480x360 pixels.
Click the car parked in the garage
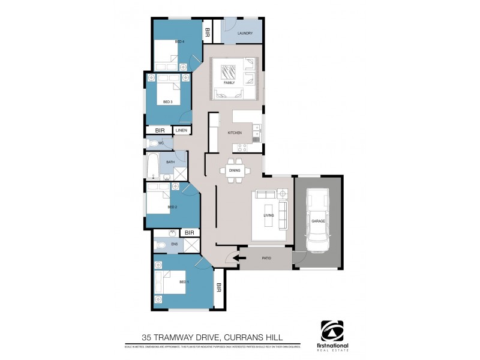coord(318,220)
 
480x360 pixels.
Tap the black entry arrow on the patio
coord(239,259)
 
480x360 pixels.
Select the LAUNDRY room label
coord(245,34)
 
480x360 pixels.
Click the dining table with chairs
coord(235,170)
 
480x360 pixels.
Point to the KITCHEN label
coord(235,132)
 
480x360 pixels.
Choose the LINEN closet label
coord(182,130)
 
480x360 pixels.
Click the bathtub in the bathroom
coord(152,166)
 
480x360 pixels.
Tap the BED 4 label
coord(179,41)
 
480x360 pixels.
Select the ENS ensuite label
coord(174,244)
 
